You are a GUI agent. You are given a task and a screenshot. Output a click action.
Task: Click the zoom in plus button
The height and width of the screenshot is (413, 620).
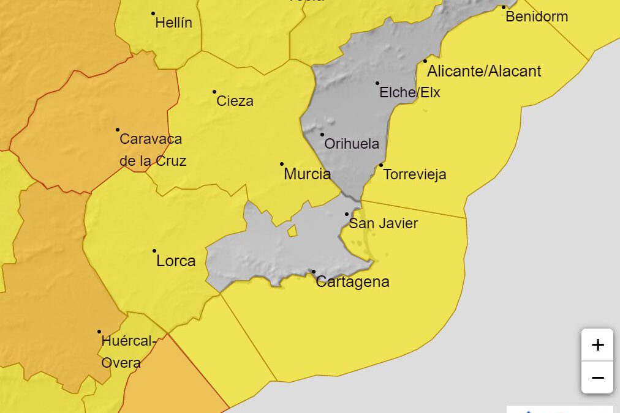(597, 345)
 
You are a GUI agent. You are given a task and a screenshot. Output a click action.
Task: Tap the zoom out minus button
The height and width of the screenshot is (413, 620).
(597, 377)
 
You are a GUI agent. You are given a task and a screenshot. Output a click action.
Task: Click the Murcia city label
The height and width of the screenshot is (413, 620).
(307, 174)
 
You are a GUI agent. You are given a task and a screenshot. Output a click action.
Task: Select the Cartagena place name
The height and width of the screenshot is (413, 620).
(352, 282)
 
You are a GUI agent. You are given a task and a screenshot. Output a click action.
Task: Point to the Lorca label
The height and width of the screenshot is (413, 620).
(176, 261)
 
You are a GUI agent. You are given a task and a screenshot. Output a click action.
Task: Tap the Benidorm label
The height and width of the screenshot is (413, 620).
(536, 17)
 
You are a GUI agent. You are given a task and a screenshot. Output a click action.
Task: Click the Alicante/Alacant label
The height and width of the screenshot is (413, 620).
(484, 72)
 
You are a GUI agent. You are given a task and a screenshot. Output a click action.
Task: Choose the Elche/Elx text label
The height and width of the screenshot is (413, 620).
(410, 93)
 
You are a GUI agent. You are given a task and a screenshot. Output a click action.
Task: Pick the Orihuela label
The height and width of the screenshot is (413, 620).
(352, 144)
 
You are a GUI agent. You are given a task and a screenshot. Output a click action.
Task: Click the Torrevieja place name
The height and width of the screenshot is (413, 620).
(415, 175)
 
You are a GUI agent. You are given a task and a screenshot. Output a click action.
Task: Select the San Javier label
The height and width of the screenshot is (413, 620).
(383, 224)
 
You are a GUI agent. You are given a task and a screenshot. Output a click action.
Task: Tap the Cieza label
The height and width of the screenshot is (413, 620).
(235, 102)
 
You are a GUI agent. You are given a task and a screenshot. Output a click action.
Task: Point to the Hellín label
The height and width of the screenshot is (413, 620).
(173, 23)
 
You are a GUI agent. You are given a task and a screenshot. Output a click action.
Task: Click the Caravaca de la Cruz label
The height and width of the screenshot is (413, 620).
(152, 150)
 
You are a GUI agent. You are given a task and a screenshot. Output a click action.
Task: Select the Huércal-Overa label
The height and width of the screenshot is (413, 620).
(126, 352)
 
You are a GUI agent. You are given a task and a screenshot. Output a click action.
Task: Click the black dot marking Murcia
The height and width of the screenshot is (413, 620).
(282, 164)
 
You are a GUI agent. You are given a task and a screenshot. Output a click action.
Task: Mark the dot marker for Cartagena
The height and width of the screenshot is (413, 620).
(314, 272)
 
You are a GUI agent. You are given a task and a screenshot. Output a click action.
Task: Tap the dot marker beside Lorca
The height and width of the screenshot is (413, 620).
(154, 251)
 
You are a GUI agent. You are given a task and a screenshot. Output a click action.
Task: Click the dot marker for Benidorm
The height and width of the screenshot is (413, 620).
(504, 7)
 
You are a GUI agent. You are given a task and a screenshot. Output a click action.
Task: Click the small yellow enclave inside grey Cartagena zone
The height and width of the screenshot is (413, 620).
(293, 231)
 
